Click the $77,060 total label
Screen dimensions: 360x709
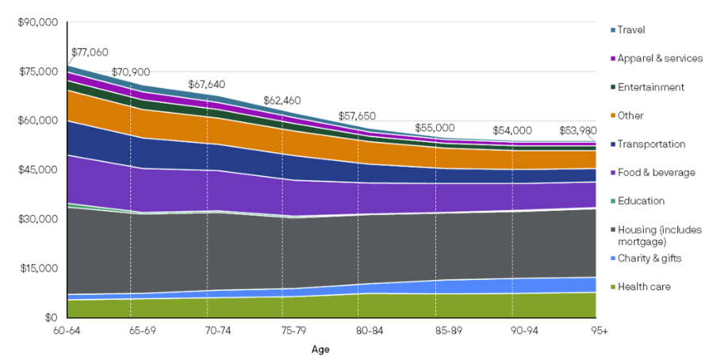click(x=90, y=54)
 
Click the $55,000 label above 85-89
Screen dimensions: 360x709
click(x=435, y=128)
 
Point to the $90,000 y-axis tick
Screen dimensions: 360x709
click(x=38, y=23)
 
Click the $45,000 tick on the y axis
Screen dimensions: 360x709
click(x=38, y=170)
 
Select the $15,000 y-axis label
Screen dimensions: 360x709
click(x=38, y=268)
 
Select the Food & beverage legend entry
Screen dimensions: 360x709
click(x=655, y=172)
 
